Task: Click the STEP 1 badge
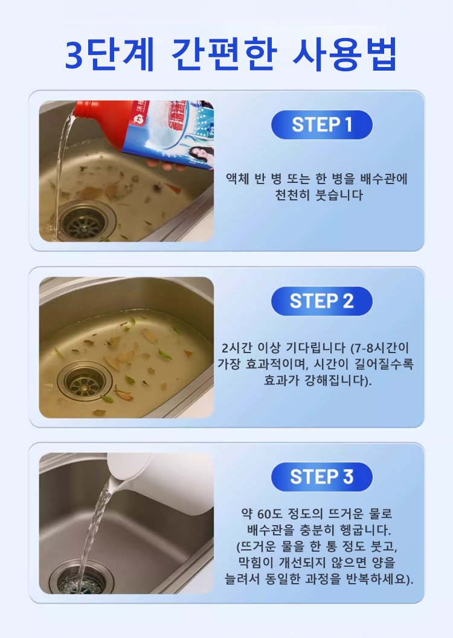coord(321,124)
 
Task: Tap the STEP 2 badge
coord(321,301)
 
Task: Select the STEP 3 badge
coord(321,477)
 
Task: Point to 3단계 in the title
coord(109,55)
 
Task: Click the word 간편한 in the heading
coord(224,54)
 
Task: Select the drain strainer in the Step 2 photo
coord(84,381)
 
